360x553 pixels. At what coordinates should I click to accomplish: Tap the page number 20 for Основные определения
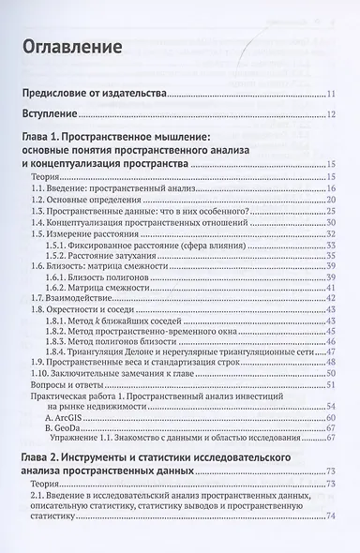[331, 201]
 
